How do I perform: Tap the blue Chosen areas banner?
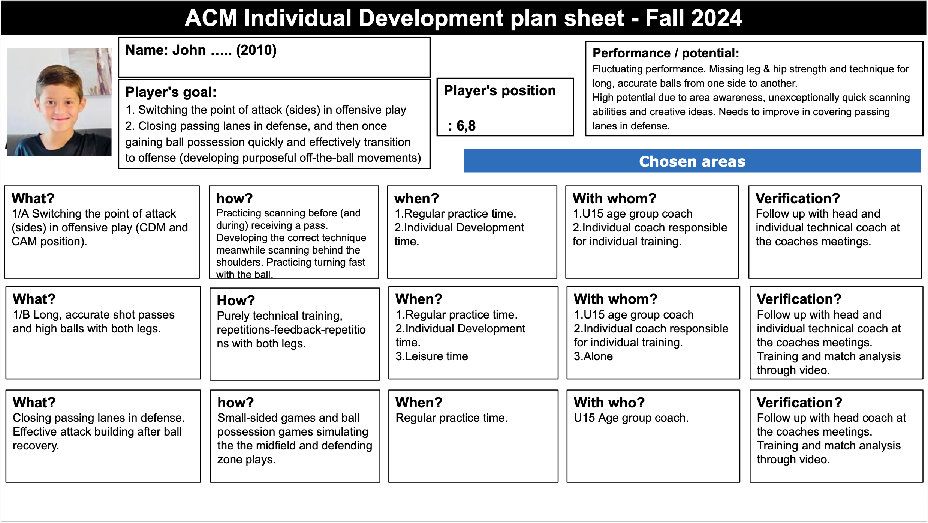click(x=692, y=161)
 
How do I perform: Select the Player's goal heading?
click(x=171, y=92)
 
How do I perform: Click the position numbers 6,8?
click(x=466, y=126)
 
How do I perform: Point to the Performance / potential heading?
click(x=666, y=53)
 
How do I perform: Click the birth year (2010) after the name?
click(x=256, y=50)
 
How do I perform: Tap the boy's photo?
click(x=59, y=102)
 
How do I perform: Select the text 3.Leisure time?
click(x=432, y=356)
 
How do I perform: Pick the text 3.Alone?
click(x=593, y=356)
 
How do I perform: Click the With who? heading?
click(x=609, y=403)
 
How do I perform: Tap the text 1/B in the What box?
click(x=21, y=315)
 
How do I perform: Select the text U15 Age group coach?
click(x=631, y=418)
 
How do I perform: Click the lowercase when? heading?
click(x=416, y=198)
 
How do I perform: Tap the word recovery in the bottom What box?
click(x=35, y=446)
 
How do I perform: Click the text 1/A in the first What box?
click(x=20, y=214)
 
